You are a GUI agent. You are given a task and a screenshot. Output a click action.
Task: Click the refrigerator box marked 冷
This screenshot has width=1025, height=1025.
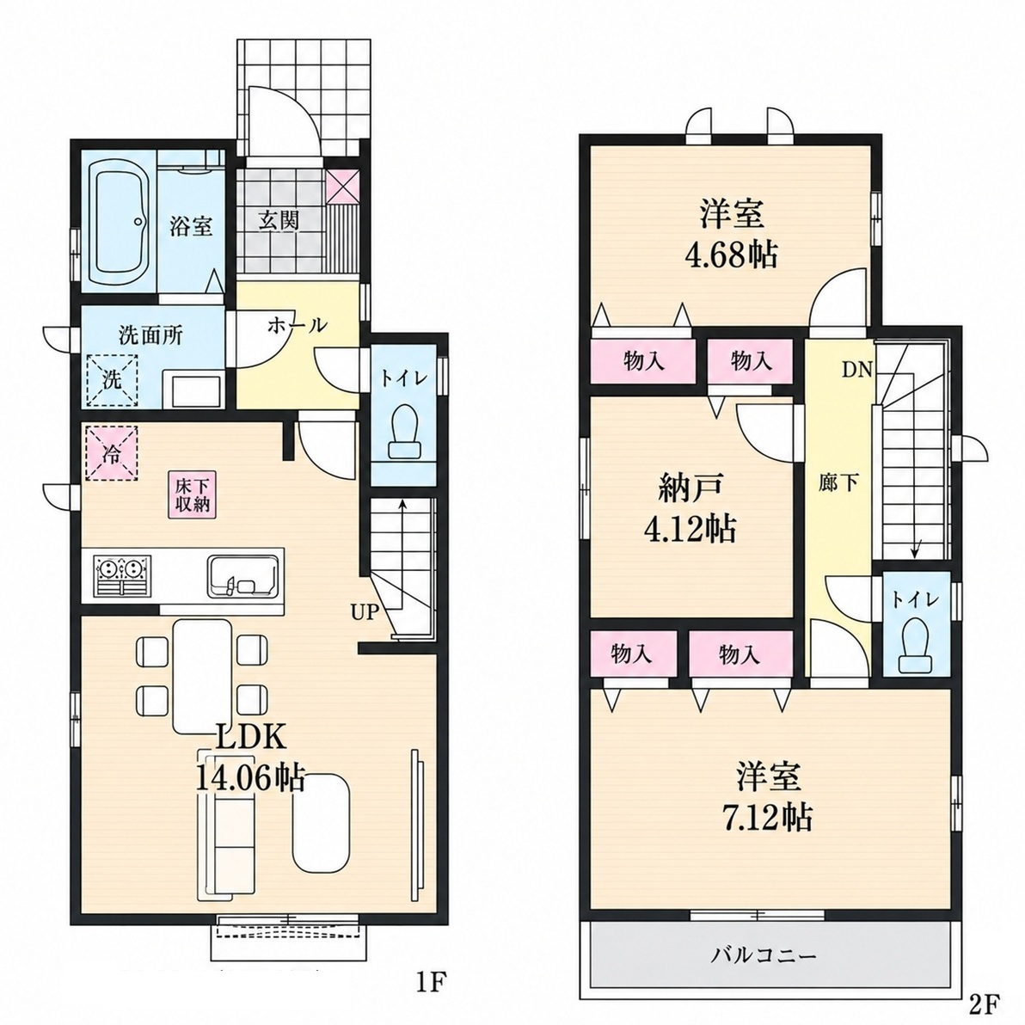tap(111, 453)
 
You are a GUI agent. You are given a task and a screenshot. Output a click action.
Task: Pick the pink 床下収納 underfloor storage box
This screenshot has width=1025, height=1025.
tap(193, 494)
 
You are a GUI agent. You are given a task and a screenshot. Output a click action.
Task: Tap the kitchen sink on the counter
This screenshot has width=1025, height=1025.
tap(244, 576)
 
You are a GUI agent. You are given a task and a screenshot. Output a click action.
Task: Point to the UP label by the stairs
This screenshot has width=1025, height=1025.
tap(365, 612)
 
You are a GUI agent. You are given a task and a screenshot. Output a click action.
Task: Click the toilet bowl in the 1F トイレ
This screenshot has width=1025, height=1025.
tap(403, 432)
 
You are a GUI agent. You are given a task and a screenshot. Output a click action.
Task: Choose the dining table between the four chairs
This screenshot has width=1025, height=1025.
tap(202, 676)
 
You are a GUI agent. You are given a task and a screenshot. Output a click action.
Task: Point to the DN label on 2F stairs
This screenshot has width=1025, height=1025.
tap(856, 370)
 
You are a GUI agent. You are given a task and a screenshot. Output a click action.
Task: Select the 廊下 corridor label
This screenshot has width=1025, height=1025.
tap(838, 483)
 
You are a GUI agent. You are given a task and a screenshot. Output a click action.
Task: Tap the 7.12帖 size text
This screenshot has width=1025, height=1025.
tap(767, 816)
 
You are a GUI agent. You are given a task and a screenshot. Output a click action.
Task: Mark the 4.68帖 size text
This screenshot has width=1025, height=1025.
tap(732, 255)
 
